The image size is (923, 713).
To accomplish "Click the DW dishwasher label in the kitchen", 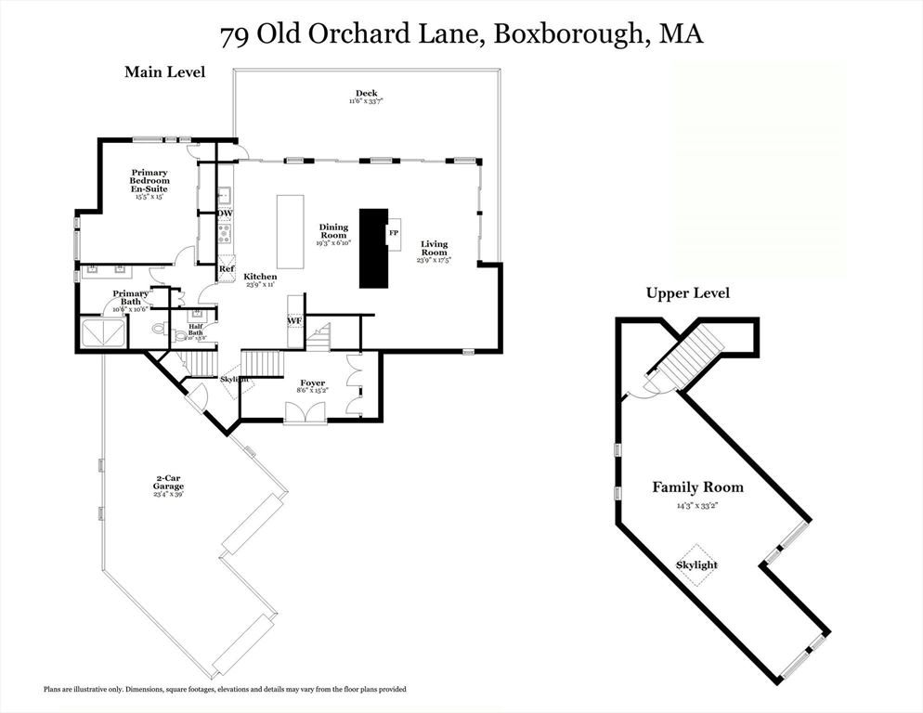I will point(225,214).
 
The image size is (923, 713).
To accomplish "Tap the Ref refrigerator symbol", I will point(227,269).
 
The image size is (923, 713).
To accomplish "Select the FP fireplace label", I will point(394,232).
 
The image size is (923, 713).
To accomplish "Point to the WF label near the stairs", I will point(294,321).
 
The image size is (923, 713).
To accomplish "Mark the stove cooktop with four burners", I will point(225,234).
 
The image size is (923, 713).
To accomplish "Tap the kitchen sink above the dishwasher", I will point(225,195).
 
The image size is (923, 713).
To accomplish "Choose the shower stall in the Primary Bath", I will point(103,331).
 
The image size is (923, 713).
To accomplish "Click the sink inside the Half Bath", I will point(196,314).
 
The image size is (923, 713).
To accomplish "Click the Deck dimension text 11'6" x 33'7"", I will point(366,101).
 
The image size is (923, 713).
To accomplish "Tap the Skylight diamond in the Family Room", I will point(696,564).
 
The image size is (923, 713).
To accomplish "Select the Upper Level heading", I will point(687,293).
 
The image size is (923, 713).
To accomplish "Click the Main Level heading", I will point(165,71).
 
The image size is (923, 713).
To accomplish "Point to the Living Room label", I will point(434,248).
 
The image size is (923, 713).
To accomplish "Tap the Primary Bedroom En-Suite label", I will point(149,184).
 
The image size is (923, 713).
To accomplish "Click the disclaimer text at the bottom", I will point(225,689).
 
